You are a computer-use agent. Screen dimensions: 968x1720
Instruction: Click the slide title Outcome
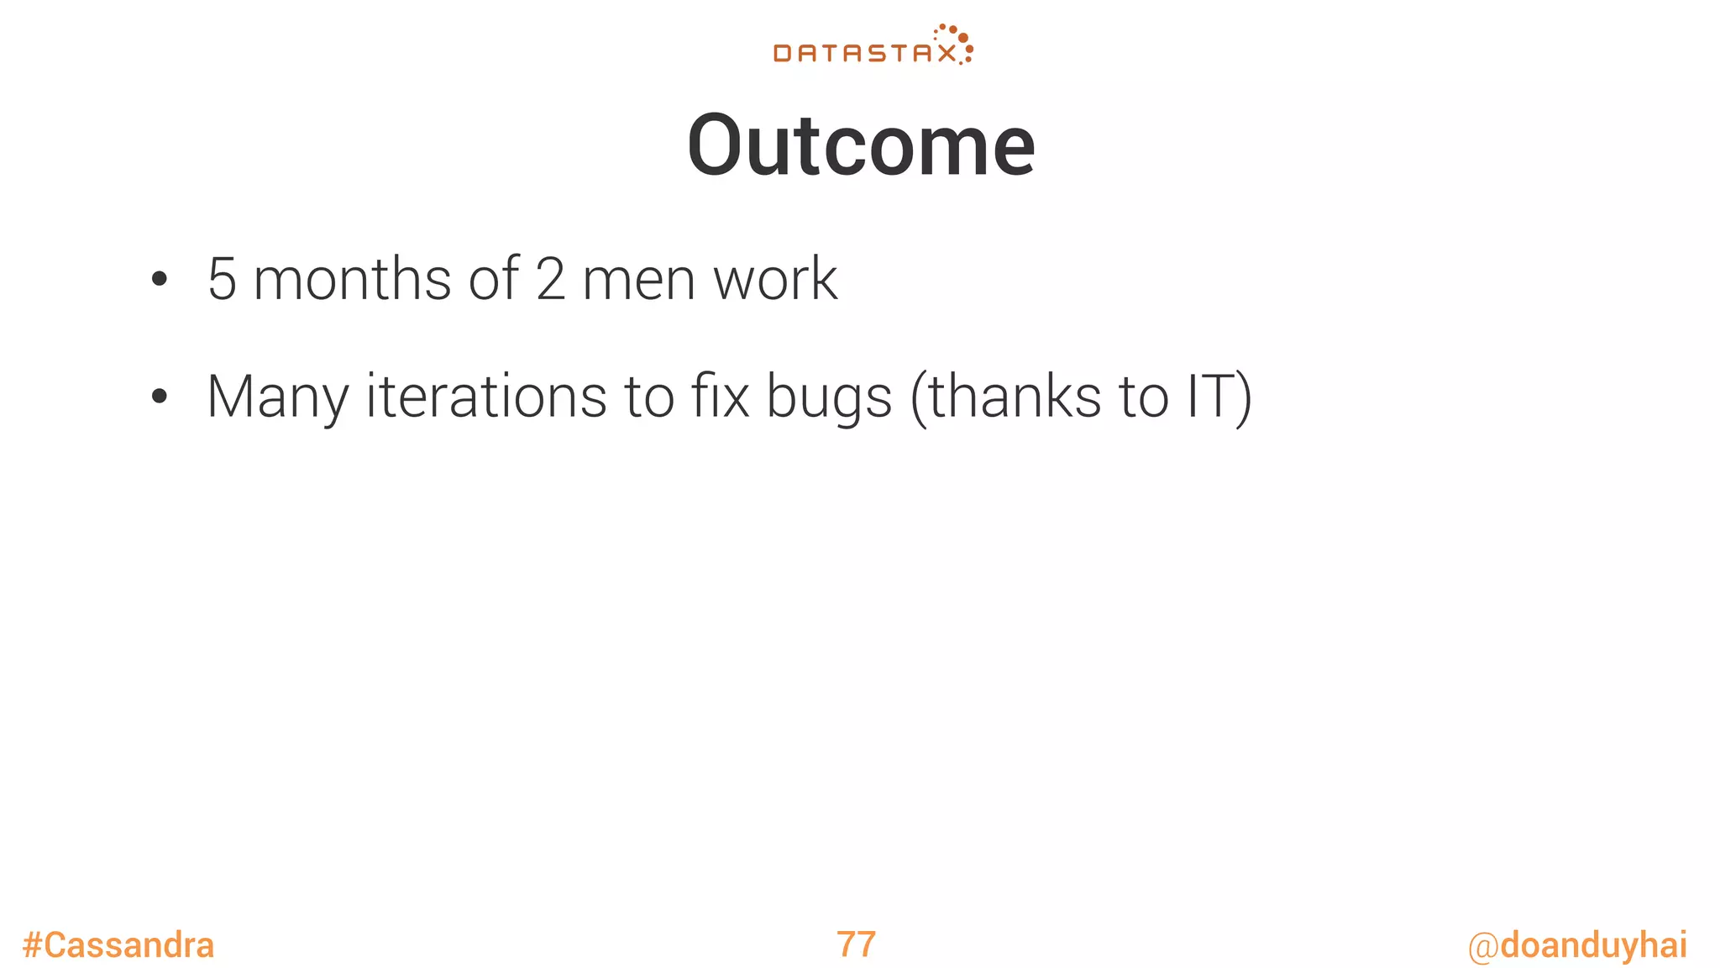click(x=861, y=146)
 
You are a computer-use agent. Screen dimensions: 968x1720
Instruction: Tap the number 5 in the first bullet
click(x=222, y=280)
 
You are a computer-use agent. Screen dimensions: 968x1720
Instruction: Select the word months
click(x=352, y=280)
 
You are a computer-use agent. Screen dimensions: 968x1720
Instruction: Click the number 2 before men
click(x=550, y=280)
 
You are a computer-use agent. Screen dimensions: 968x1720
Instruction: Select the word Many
click(x=277, y=397)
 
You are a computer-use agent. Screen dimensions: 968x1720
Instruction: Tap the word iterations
click(x=486, y=397)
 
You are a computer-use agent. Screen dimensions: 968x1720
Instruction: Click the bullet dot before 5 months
click(x=160, y=280)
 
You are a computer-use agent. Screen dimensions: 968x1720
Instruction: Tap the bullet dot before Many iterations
click(x=160, y=397)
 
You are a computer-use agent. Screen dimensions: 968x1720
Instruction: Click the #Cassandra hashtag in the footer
click(x=118, y=945)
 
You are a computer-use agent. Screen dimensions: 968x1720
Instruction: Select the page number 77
click(x=856, y=944)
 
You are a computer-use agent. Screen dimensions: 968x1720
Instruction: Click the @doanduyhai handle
click(x=1577, y=945)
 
